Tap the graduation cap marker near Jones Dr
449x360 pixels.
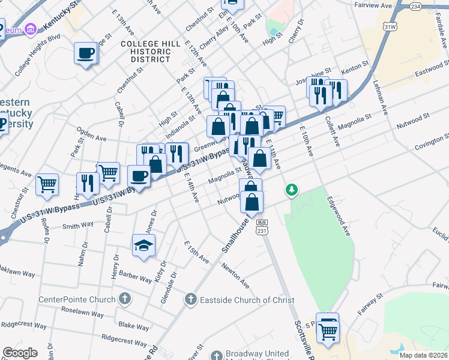click(143, 245)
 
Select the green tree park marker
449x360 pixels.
click(292, 190)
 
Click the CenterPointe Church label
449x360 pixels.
click(77, 299)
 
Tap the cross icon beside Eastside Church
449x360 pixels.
click(191, 299)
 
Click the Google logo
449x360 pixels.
click(20, 353)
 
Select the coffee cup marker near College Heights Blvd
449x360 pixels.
click(85, 54)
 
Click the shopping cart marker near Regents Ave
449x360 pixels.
click(46, 185)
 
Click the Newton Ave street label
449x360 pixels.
click(235, 274)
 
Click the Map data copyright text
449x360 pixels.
click(423, 355)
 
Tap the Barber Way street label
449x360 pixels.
click(134, 278)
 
